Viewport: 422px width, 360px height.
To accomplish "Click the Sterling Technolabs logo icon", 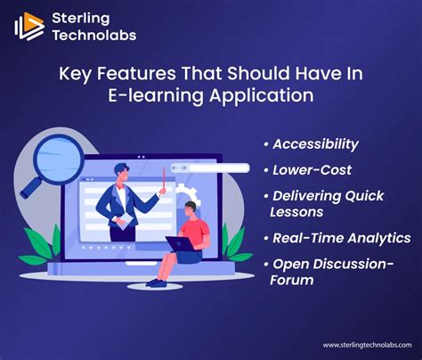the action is pos(29,26).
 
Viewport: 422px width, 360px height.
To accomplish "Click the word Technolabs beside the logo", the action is pos(94,35).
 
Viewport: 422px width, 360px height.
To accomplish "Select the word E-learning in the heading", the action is pos(156,95).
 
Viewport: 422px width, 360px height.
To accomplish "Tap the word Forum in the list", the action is pos(292,280).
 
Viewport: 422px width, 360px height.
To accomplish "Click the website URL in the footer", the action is pos(367,345).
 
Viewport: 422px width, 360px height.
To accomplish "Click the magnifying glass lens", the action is pos(59,160).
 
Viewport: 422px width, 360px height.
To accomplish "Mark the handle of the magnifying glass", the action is pos(32,187).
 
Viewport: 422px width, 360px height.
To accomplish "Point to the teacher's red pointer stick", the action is pos(164,177).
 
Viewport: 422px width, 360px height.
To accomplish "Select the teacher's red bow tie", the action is pos(120,186).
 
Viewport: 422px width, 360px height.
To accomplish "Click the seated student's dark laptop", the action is pos(180,244).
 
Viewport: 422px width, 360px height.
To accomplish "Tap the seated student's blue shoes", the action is pos(157,282).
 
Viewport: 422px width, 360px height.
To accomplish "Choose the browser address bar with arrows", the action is pos(210,168).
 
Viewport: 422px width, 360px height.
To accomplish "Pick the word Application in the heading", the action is pos(262,95).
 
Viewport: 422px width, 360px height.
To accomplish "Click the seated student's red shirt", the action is pos(195,232).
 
